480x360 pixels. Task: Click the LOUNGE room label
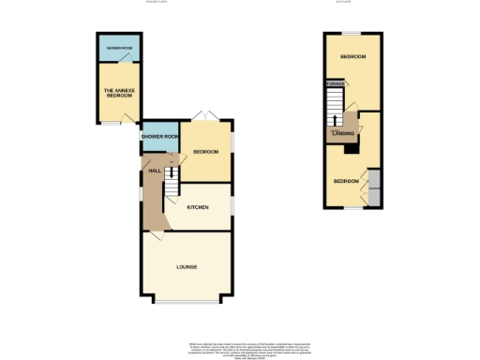(x=186, y=267)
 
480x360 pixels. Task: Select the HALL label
(x=154, y=170)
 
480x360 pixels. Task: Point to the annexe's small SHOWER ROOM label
(x=118, y=47)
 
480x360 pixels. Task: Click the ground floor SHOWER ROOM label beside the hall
(x=159, y=137)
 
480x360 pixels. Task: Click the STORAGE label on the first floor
(x=334, y=84)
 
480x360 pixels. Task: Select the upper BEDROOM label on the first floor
(x=352, y=57)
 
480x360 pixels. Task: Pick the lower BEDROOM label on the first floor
(x=347, y=180)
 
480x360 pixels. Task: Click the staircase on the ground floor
(x=172, y=190)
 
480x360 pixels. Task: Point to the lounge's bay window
(x=186, y=301)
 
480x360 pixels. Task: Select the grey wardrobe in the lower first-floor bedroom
(x=374, y=186)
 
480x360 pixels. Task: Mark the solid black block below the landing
(x=352, y=146)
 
